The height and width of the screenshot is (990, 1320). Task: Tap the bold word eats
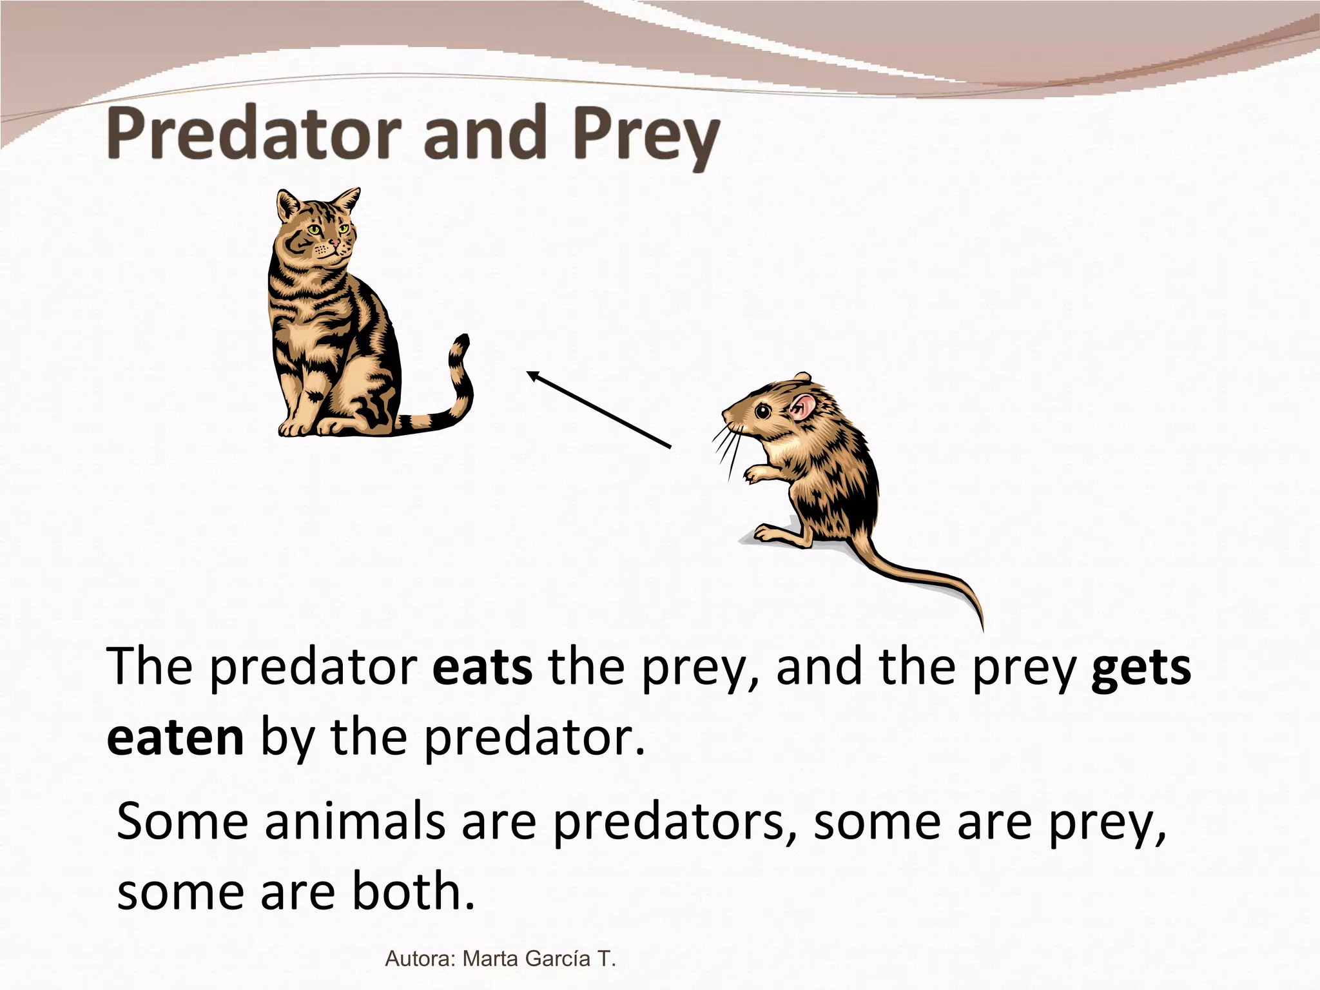pyautogui.click(x=482, y=667)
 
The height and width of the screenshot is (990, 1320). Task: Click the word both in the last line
pyautogui.click(x=407, y=891)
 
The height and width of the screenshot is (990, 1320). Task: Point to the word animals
pyautogui.click(x=355, y=822)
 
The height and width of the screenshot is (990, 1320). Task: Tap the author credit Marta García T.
pyautogui.click(x=539, y=958)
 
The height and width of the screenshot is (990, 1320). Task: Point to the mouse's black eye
pyautogui.click(x=762, y=411)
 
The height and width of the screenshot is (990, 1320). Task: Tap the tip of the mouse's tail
pyautogui.click(x=982, y=628)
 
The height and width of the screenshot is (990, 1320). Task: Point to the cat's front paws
pyautogui.click(x=309, y=427)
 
